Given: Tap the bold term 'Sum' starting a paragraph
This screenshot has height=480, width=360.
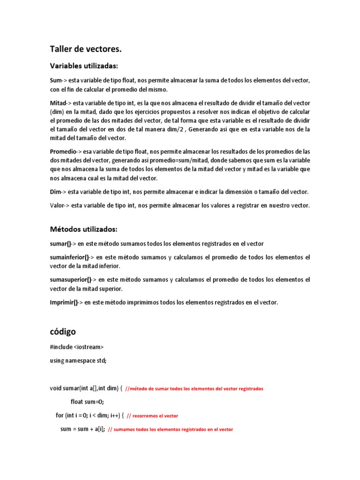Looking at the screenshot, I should pyautogui.click(x=56, y=81).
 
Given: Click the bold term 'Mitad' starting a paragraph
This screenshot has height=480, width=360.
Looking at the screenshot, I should pyautogui.click(x=58, y=103).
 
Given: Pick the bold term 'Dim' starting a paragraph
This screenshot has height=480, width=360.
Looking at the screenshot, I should pyautogui.click(x=55, y=192).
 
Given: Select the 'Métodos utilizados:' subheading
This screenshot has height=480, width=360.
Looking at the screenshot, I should pyautogui.click(x=84, y=229).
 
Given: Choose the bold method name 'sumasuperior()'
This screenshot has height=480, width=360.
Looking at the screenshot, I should pyautogui.click(x=70, y=280).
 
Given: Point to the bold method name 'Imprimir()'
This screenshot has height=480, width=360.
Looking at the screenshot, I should pyautogui.click(x=64, y=302).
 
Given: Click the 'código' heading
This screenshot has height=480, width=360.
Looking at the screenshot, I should pyautogui.click(x=63, y=331).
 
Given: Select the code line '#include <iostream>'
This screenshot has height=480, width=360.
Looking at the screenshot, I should pyautogui.click(x=77, y=347).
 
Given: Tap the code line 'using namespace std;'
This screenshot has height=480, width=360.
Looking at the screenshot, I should pyautogui.click(x=78, y=360).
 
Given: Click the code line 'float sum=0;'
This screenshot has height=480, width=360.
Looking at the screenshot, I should pyautogui.click(x=87, y=402).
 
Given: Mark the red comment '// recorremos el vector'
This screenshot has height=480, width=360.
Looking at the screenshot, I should pyautogui.click(x=152, y=416).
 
